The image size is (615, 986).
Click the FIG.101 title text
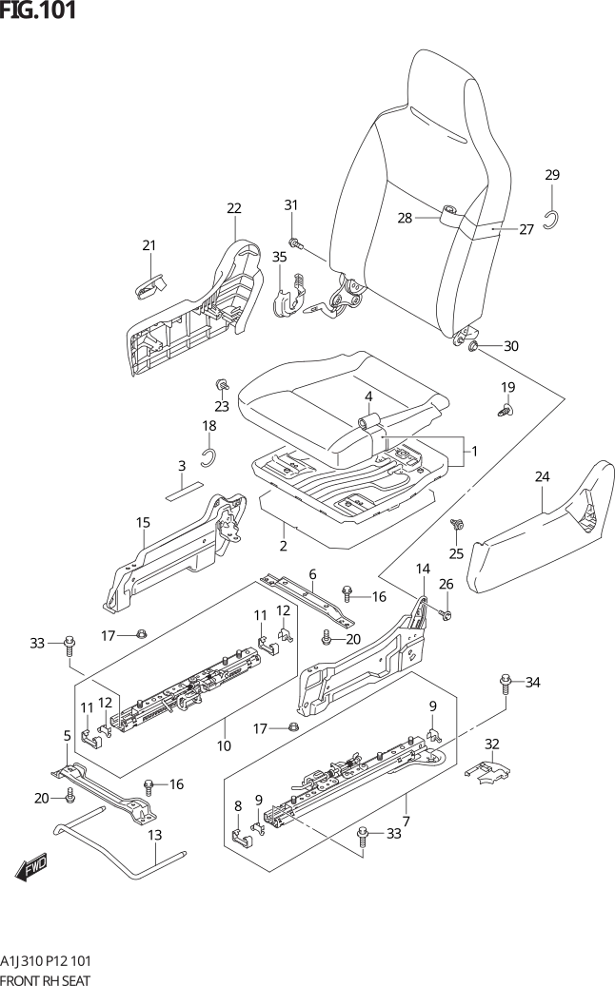point(38,10)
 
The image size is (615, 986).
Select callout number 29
point(552,175)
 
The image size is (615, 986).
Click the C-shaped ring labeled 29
point(551,220)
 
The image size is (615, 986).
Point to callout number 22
point(233,208)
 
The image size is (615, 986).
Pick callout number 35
point(280,257)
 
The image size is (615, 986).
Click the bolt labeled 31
point(294,242)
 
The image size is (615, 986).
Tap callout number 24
point(542,476)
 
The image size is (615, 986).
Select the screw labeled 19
point(506,411)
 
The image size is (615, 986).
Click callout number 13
point(155,835)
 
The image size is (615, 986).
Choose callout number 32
point(491,744)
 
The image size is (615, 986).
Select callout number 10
point(224,745)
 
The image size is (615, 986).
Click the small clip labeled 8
point(240,839)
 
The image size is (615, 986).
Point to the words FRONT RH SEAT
point(45,979)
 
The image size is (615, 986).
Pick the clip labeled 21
point(150,285)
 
